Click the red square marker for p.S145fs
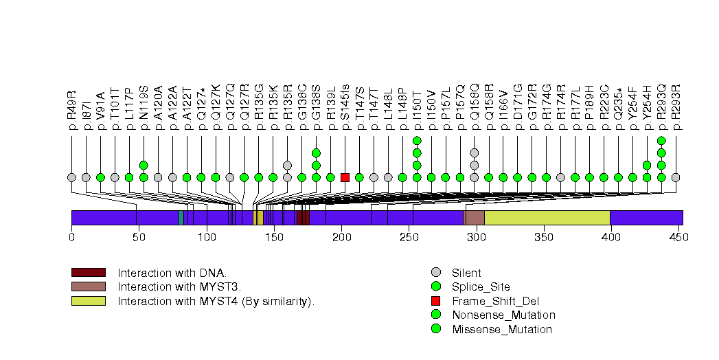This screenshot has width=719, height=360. [345, 177]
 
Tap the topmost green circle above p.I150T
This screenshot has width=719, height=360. [417, 140]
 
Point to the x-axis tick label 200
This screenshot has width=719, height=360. [341, 237]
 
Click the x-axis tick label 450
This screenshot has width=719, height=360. [678, 237]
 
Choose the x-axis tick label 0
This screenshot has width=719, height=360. [71, 237]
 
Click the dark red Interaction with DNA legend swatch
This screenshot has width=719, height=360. [88, 273]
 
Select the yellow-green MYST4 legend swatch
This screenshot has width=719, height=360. [88, 300]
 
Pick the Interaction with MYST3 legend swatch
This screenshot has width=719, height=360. [88, 286]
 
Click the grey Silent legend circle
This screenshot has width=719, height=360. [435, 273]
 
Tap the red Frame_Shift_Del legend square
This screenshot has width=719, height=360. [435, 301]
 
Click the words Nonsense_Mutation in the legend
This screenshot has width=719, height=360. [503, 315]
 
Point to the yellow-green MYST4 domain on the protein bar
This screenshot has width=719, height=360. [547, 218]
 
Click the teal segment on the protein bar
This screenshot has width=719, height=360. [181, 218]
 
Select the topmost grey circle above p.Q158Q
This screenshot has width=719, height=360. [474, 153]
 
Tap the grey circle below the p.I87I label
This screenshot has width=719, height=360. [86, 177]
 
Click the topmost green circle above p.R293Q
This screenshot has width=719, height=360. [661, 140]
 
